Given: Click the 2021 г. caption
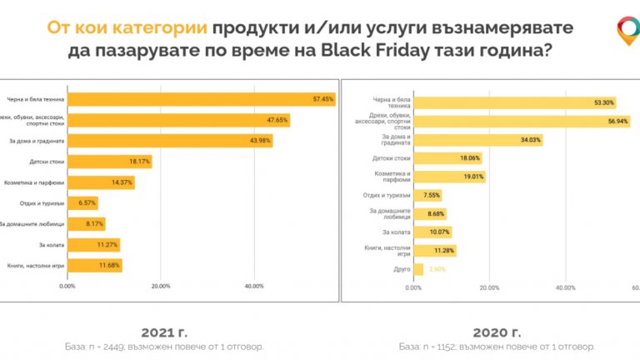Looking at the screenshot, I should click(164, 327).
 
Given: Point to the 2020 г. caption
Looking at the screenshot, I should click(497, 327).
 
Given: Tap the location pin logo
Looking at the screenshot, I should click(626, 31).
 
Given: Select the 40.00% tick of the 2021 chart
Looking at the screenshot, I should click(254, 286).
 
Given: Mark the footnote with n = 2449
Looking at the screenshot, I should click(164, 346).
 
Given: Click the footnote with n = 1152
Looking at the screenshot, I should click(497, 346).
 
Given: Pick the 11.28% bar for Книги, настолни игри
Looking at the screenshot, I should click(435, 251).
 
